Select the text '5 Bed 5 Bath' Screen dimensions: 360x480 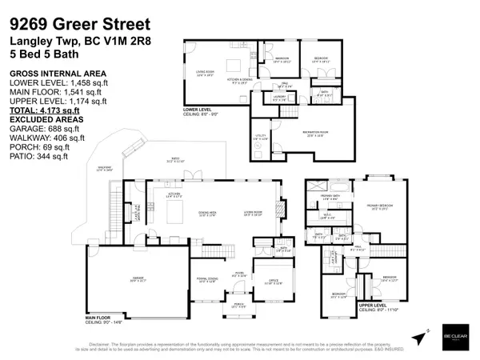44,60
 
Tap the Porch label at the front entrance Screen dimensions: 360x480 237,305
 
